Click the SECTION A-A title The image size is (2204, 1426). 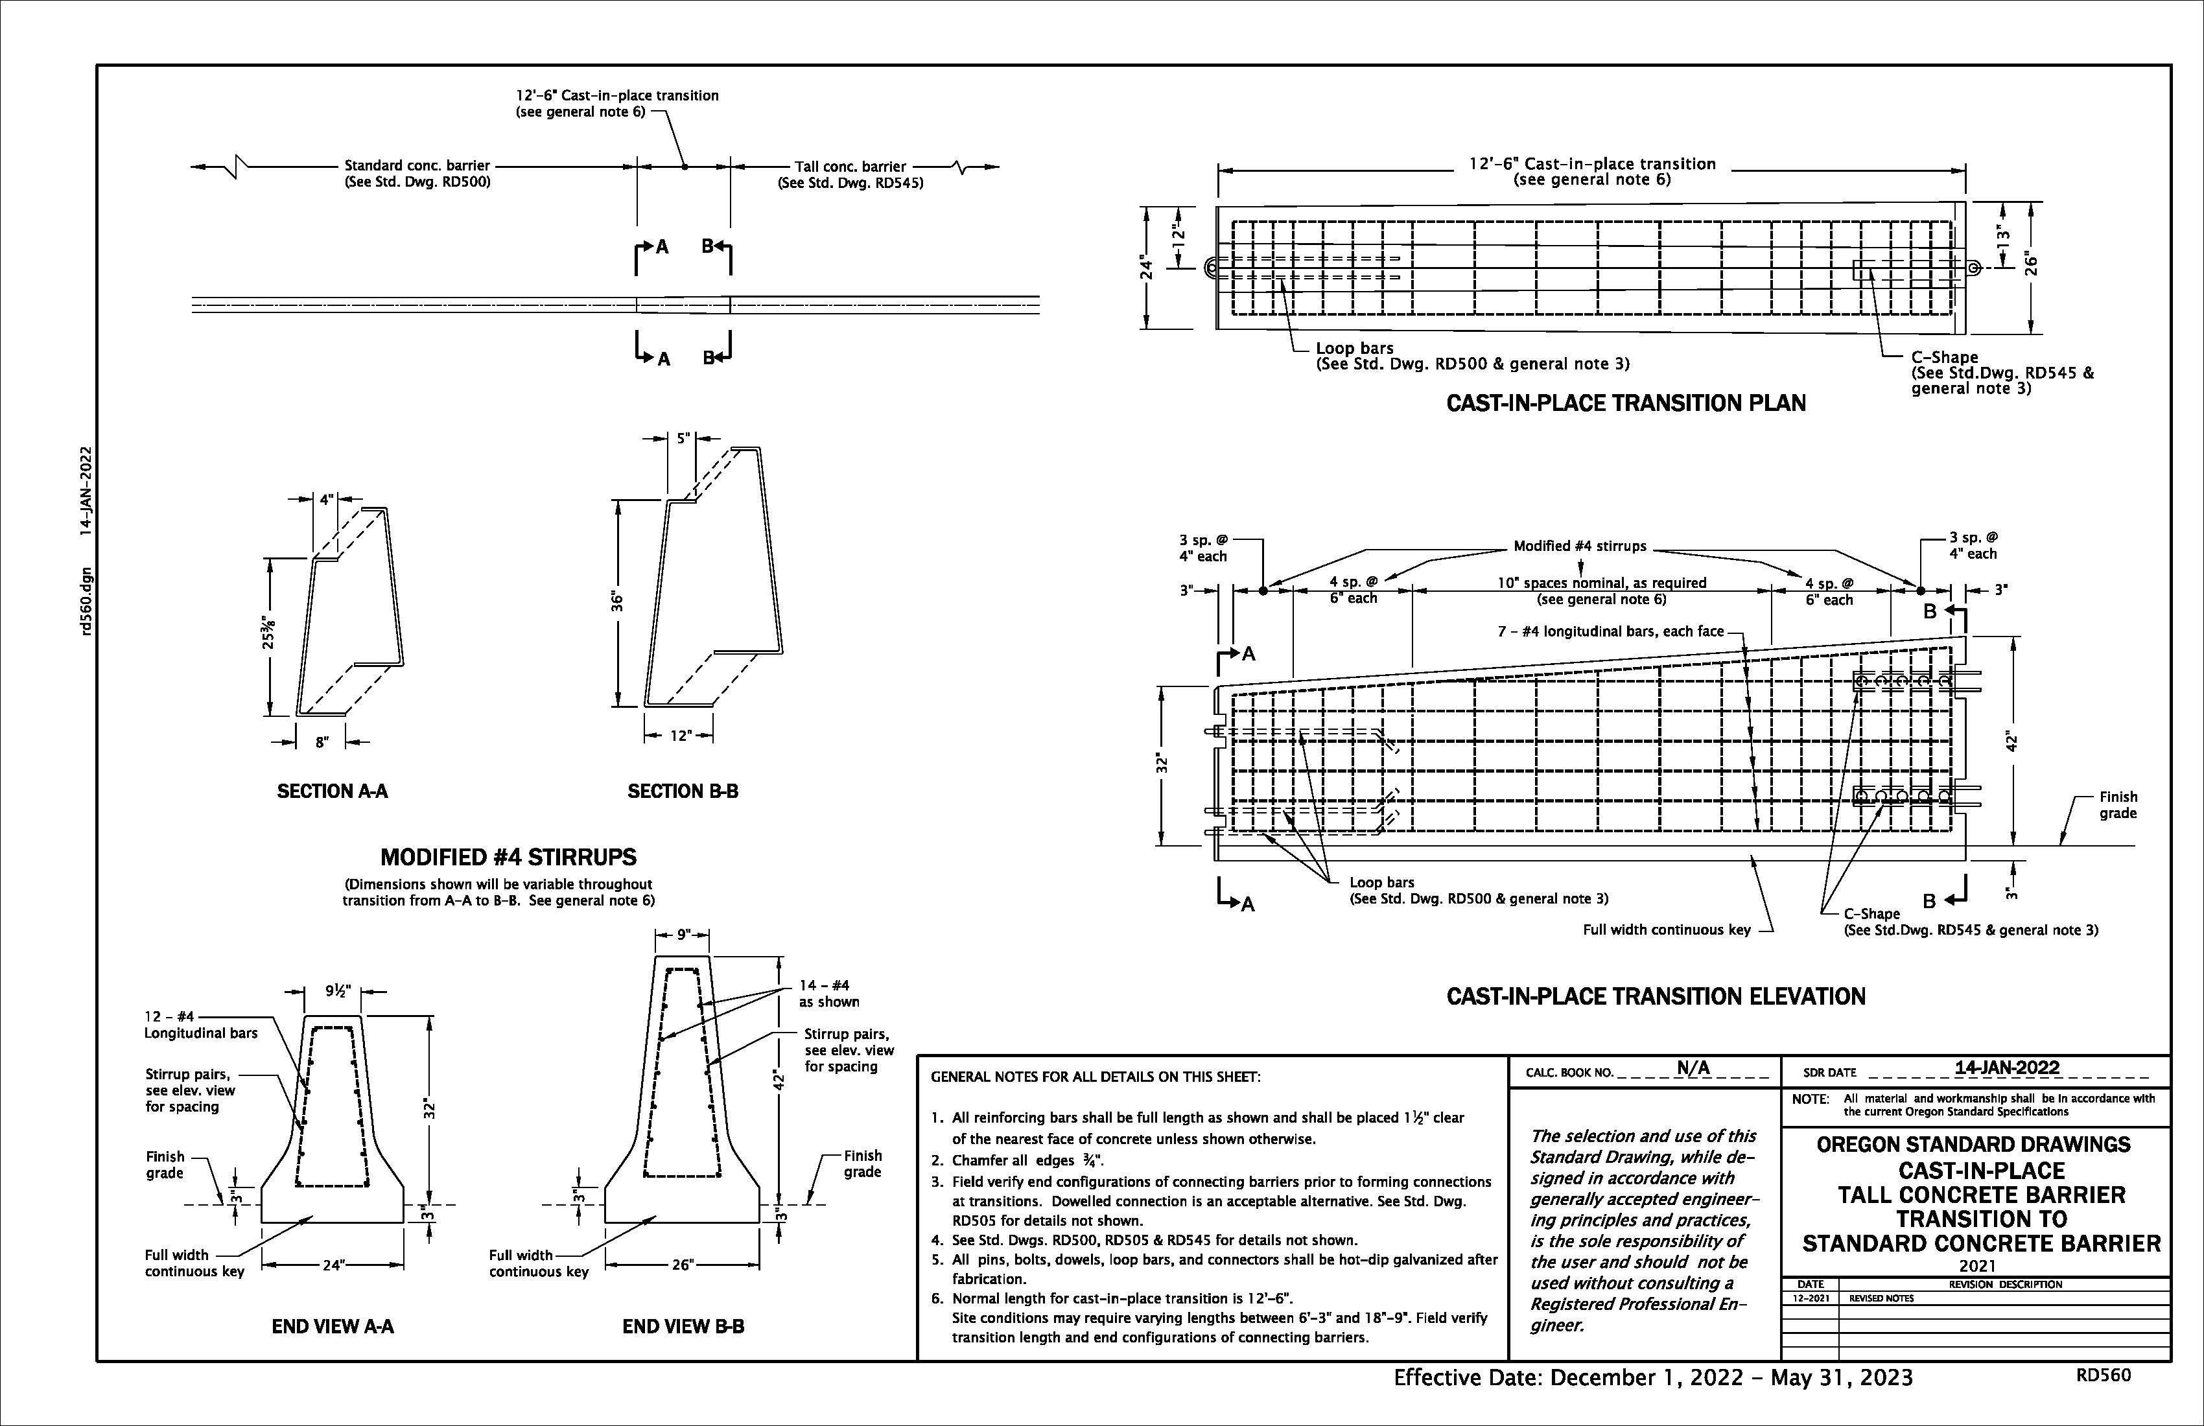[333, 791]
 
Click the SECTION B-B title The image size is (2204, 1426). [683, 791]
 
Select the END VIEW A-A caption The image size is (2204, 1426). [333, 1327]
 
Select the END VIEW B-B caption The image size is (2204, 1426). [683, 1327]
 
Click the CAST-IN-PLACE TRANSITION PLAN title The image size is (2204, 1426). [1625, 404]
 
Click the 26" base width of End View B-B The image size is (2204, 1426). [683, 1265]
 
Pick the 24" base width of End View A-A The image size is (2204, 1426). [333, 1265]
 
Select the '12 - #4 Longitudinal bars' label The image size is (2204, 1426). [200, 1025]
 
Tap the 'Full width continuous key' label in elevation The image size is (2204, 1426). [1666, 929]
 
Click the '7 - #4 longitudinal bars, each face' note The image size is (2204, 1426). [1610, 631]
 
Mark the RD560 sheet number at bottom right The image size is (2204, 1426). [2103, 1375]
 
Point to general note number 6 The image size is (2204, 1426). [936, 1299]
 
